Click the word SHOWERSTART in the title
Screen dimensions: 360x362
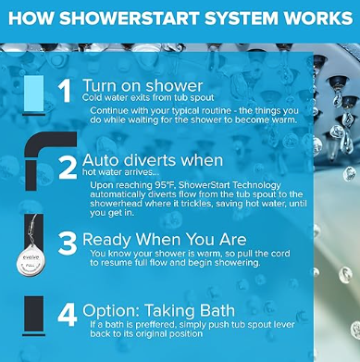tap(130, 19)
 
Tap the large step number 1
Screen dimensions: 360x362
tap(65, 91)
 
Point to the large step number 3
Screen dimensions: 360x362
tap(68, 243)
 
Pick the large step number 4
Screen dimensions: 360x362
tap(68, 316)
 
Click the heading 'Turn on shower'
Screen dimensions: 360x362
tap(143, 85)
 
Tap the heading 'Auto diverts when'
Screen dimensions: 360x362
tap(153, 160)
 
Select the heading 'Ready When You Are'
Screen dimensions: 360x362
tap(165, 240)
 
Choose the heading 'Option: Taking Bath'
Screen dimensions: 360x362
tap(158, 310)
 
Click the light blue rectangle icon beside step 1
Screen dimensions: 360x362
tap(33, 94)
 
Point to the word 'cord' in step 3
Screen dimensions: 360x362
tap(280, 254)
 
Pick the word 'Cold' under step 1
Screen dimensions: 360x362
tap(90, 98)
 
